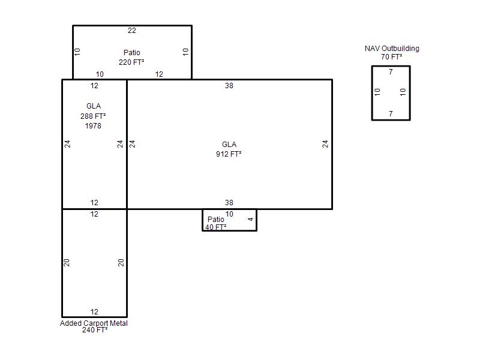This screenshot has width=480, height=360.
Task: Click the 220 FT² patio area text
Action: click(131, 62)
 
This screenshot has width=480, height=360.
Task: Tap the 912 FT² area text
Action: click(229, 154)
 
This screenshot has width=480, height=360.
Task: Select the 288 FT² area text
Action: click(93, 116)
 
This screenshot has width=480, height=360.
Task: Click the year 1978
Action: click(93, 126)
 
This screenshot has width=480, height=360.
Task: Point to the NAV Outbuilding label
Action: click(392, 49)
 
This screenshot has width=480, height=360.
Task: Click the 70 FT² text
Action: click(392, 57)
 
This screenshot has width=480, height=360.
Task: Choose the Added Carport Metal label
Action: click(94, 323)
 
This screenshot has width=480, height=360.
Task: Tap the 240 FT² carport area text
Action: click(95, 330)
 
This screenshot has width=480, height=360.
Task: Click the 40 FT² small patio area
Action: click(216, 227)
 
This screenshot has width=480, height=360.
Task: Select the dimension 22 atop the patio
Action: click(132, 31)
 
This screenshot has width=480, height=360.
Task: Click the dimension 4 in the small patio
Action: click(251, 219)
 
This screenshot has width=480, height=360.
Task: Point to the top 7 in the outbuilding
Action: click(391, 72)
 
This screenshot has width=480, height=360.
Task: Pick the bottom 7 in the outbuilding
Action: click(391, 114)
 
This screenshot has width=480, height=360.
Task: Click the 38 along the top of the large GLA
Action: click(229, 86)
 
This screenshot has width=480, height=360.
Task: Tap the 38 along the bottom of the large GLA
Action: click(229, 203)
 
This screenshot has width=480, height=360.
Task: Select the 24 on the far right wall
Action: click(325, 144)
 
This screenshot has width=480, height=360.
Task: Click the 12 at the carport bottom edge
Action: click(94, 312)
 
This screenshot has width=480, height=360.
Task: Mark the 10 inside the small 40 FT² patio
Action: click(229, 214)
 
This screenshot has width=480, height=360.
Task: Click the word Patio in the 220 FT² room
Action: click(132, 53)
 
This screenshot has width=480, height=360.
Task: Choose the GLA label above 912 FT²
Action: click(229, 145)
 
